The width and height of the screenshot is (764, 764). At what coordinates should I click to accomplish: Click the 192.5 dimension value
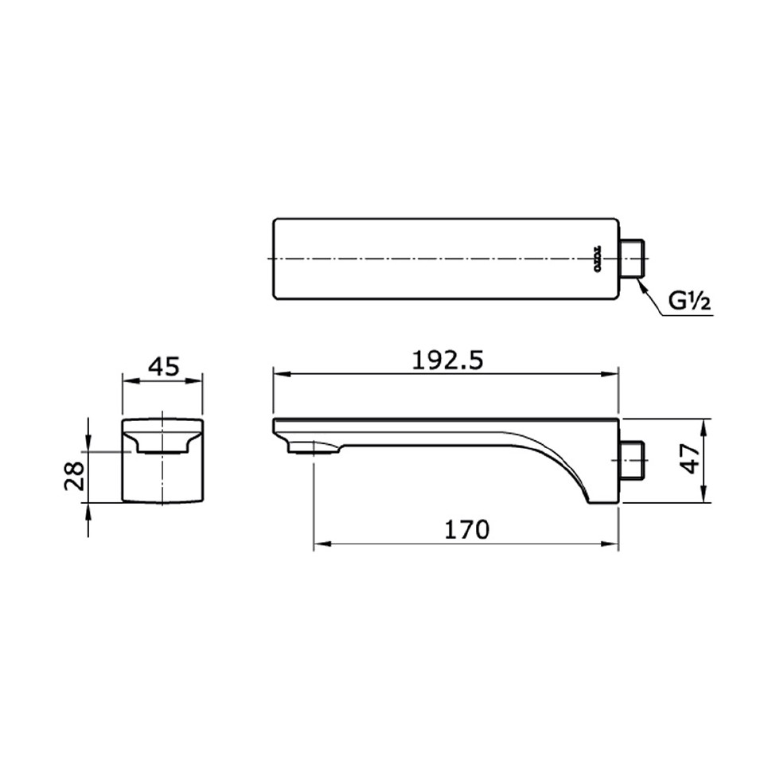(446, 361)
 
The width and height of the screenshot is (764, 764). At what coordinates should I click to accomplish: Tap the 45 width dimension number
(164, 367)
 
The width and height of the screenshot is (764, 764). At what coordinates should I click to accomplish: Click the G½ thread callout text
(687, 302)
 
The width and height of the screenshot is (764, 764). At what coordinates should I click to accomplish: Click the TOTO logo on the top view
(594, 259)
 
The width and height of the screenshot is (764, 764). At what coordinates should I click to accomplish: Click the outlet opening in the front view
(163, 450)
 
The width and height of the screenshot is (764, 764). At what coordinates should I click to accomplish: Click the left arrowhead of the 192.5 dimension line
(279, 373)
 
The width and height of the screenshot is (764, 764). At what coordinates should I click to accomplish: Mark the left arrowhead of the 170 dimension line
(320, 544)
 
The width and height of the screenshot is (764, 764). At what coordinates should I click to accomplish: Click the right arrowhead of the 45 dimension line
(201, 380)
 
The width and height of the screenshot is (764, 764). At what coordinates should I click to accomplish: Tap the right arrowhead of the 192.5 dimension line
(614, 373)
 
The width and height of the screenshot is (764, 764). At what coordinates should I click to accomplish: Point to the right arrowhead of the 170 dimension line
(614, 544)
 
